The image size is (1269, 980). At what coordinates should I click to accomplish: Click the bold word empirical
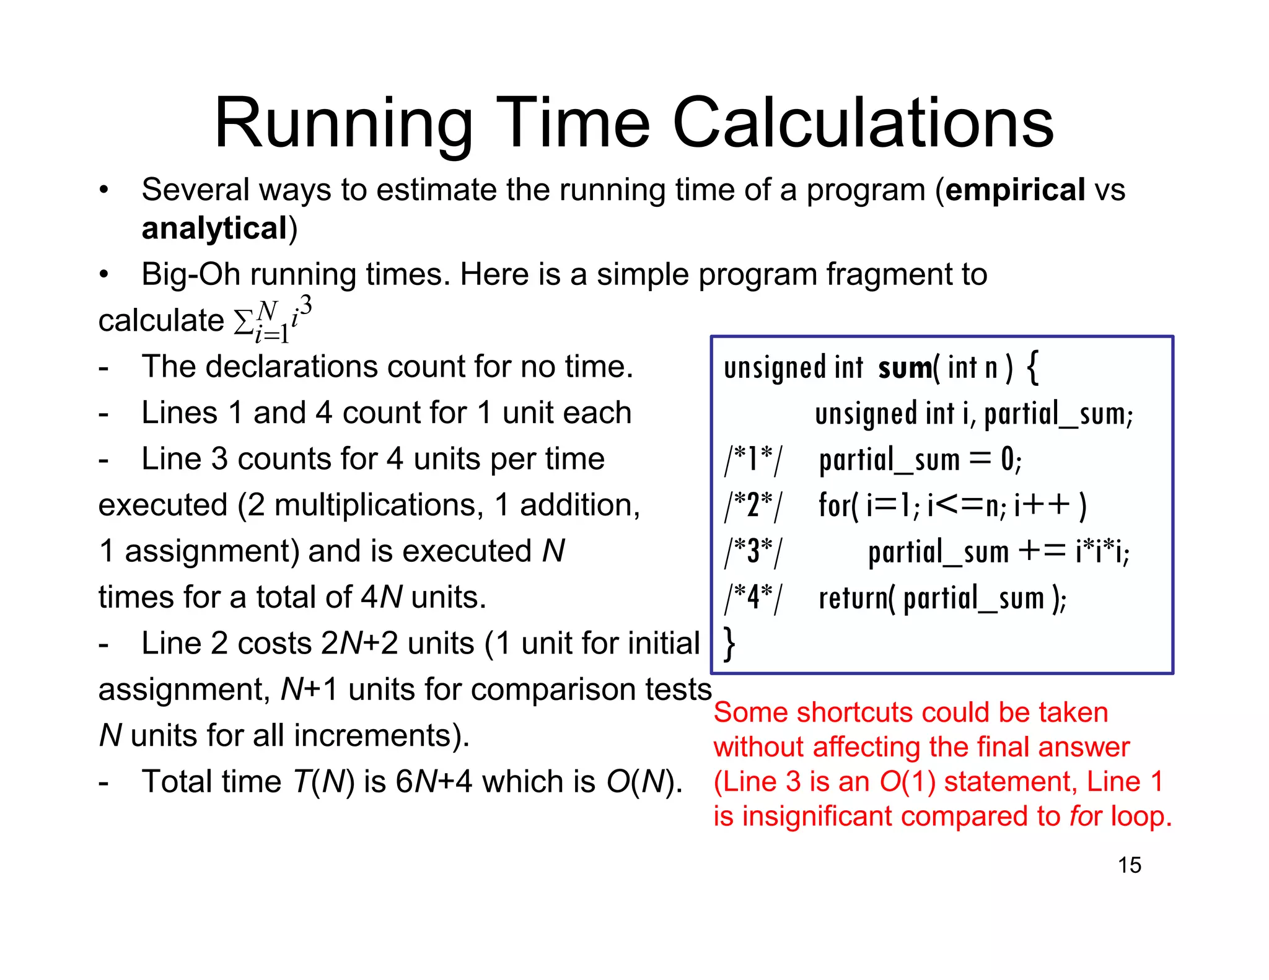click(1015, 190)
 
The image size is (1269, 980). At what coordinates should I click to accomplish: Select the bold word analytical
click(214, 229)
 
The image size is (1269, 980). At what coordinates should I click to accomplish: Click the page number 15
click(1129, 865)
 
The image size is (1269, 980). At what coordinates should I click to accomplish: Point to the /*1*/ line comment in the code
click(753, 460)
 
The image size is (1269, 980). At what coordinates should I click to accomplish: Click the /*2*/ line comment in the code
click(753, 505)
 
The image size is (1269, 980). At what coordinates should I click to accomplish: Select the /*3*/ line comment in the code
click(753, 551)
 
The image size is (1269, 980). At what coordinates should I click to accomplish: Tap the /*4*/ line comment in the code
click(753, 598)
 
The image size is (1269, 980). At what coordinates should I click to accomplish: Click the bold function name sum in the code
click(905, 368)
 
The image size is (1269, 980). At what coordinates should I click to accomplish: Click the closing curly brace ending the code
click(730, 644)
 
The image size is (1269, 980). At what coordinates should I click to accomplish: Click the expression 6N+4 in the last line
click(434, 782)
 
